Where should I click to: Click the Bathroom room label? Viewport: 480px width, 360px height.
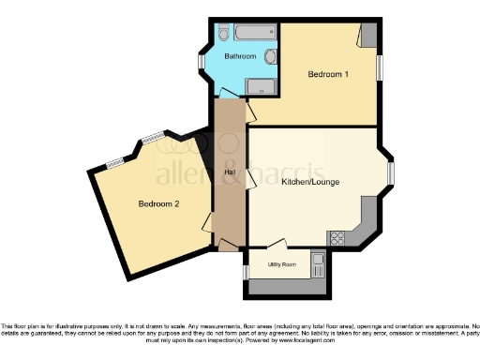pos(240,57)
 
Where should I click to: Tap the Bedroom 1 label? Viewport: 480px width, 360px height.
pos(329,72)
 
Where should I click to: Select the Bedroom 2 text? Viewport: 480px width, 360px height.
pos(158,203)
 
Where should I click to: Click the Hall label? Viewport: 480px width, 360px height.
pos(229,172)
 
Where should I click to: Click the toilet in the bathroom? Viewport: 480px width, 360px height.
pos(223,34)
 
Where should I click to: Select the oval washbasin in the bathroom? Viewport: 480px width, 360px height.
pos(271,57)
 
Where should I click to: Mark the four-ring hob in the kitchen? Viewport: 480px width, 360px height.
pos(336,237)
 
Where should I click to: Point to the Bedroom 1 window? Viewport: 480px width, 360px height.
pos(380,67)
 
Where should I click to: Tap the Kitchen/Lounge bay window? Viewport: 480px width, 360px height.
pos(391,172)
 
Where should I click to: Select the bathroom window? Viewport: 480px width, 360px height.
pos(201,63)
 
